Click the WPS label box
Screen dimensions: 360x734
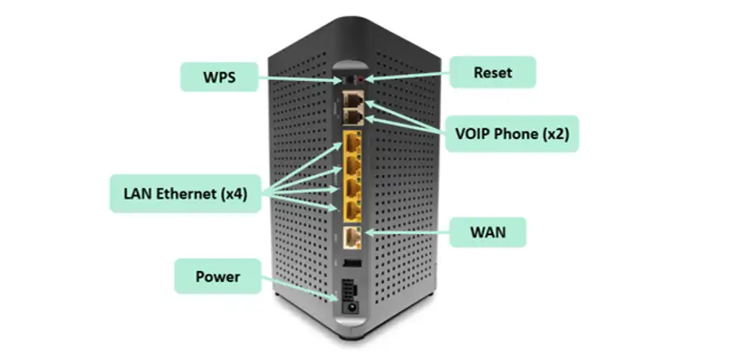219,77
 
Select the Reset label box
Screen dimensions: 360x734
493,73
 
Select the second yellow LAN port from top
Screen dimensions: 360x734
352,166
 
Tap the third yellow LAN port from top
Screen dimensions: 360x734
352,187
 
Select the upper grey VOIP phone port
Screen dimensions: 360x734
353,99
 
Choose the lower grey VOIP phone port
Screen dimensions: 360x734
353,116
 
